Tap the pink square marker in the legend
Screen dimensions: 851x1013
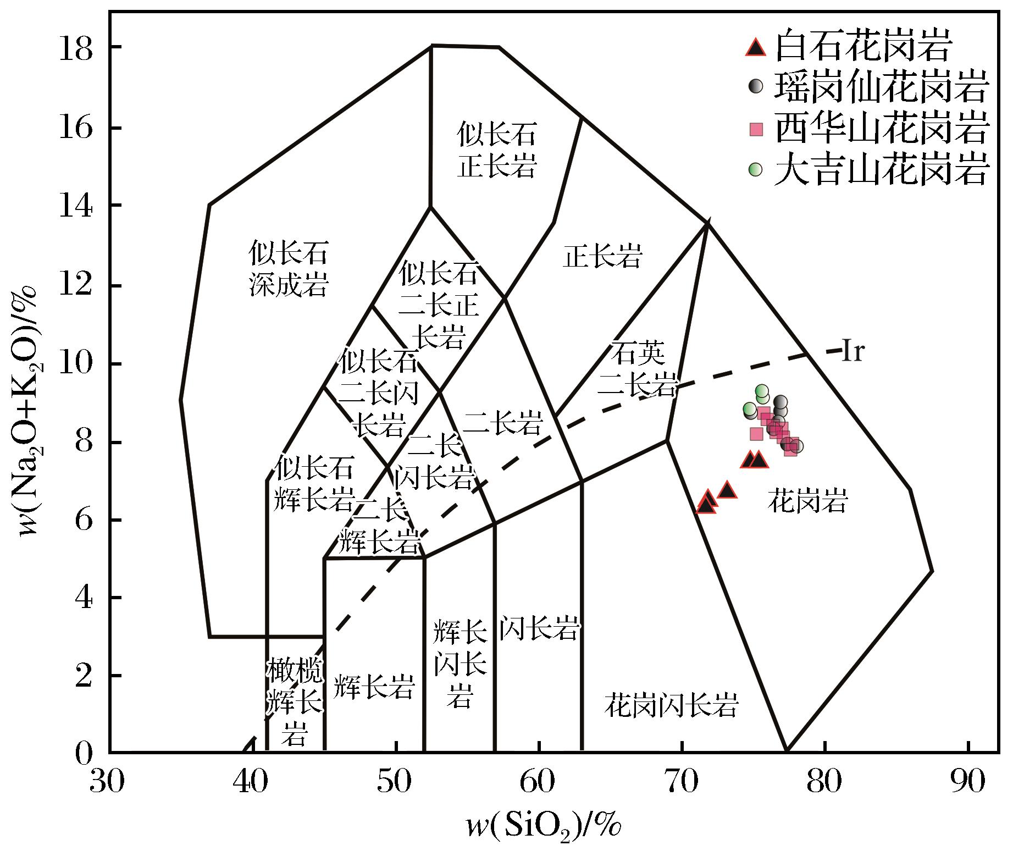(x=757, y=130)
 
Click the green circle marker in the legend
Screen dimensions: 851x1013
(x=756, y=169)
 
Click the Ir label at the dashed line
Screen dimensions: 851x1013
(x=853, y=352)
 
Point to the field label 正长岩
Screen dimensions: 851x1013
(x=602, y=257)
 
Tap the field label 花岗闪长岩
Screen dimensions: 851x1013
(x=671, y=704)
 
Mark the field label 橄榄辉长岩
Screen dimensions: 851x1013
(x=295, y=701)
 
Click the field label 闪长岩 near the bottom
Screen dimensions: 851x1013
(x=539, y=627)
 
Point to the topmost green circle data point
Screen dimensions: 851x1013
(x=761, y=391)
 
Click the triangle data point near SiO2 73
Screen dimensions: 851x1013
(x=727, y=489)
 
